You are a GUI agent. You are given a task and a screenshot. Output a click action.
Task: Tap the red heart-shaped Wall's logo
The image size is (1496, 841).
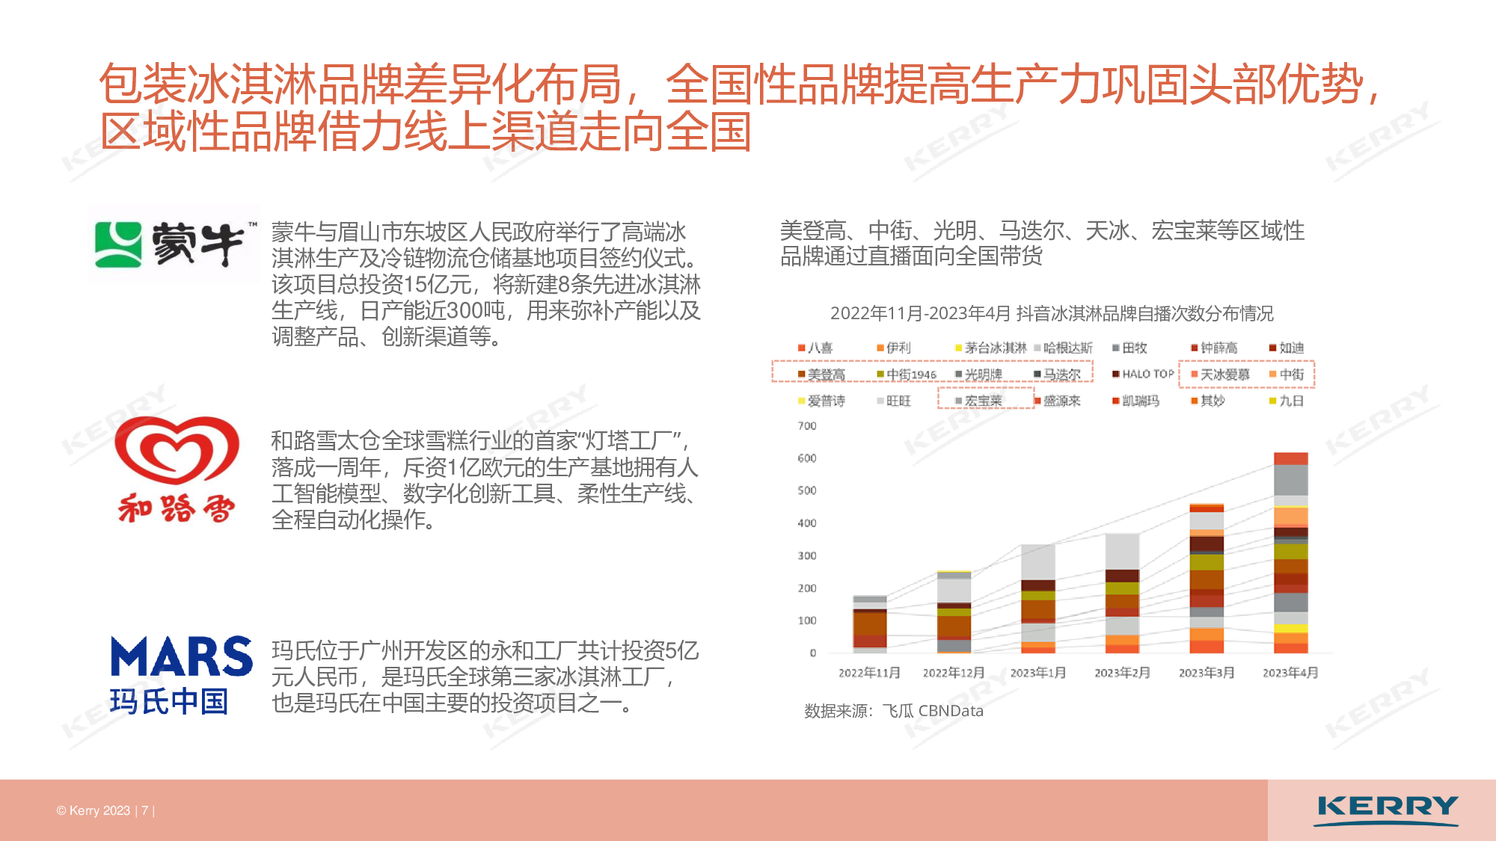(x=177, y=450)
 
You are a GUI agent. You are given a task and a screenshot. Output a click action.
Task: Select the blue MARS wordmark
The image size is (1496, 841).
(x=181, y=656)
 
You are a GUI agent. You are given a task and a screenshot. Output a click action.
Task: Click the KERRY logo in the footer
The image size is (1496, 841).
(x=1387, y=810)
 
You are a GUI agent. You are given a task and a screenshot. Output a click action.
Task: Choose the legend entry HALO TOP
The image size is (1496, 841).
(x=1143, y=374)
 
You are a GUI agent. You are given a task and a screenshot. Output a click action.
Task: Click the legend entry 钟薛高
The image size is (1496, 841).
(x=1214, y=348)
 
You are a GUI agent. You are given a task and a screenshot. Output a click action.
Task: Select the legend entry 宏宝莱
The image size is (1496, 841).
(x=978, y=401)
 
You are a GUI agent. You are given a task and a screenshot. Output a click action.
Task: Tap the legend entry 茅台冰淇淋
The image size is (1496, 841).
(x=990, y=348)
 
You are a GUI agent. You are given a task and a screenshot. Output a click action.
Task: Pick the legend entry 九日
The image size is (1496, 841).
(x=1287, y=401)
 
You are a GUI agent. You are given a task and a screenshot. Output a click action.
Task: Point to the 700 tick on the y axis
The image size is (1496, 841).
(x=807, y=426)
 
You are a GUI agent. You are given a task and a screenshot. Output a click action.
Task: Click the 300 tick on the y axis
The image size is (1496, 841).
(x=807, y=555)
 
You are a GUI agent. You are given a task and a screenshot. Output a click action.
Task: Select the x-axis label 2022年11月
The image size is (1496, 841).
(x=869, y=673)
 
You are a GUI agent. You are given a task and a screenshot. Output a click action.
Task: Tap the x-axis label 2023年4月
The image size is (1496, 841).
(x=1290, y=673)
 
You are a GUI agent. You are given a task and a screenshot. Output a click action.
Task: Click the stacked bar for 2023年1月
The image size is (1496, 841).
(x=1038, y=599)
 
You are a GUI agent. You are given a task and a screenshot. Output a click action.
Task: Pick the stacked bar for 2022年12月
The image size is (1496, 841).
(x=954, y=612)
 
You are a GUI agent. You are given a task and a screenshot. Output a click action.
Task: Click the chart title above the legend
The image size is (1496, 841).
(x=1052, y=313)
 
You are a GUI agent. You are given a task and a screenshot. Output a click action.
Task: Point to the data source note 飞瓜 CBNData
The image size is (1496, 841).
(x=932, y=711)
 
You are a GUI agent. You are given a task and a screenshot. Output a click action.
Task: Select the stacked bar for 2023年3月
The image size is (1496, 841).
(x=1207, y=579)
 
